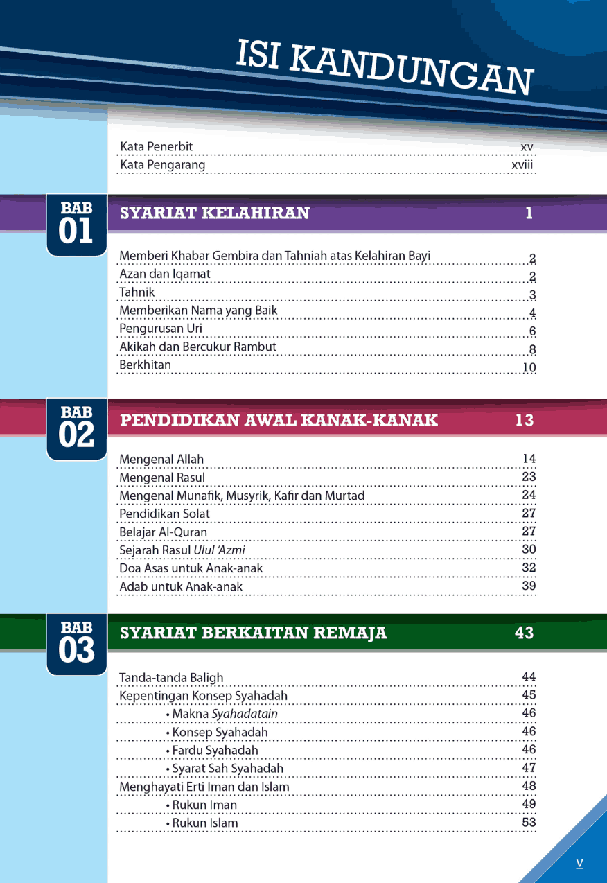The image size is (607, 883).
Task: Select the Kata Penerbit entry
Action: [157, 147]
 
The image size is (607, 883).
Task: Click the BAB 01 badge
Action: [76, 224]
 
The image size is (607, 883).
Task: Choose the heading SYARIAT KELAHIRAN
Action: [215, 213]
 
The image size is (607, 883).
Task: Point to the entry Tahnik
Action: [137, 292]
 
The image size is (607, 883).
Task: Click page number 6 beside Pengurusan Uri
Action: [532, 331]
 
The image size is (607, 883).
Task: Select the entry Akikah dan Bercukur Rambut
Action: [197, 347]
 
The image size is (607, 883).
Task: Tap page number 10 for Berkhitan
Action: [529, 367]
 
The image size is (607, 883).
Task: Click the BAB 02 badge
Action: [76, 428]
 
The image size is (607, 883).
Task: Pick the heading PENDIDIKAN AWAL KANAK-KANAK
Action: [279, 420]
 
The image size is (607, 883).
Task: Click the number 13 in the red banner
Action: [525, 420]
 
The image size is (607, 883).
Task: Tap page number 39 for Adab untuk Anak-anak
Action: [529, 586]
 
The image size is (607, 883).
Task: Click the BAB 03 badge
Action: [76, 642]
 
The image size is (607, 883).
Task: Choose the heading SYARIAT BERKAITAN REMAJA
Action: [254, 633]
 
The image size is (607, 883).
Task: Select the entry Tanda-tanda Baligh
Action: [171, 678]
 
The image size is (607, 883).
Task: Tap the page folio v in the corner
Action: [579, 863]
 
